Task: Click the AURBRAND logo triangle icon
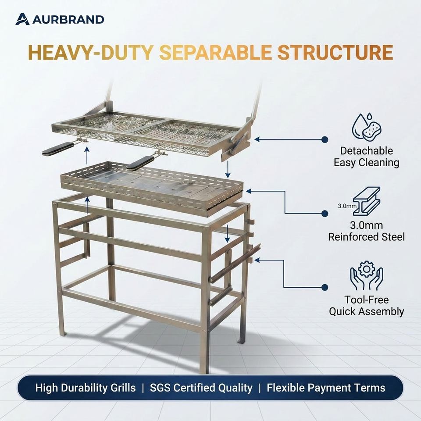coord(22,19)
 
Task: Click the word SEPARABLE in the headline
coord(215,52)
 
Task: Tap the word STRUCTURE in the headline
coord(335,52)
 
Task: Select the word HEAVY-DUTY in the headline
coord(90,52)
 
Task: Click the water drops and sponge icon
coord(367,128)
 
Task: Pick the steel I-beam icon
coord(366,201)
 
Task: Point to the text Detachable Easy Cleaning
coord(367,157)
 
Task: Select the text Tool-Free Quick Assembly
coord(367,306)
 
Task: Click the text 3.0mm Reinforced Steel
coord(367,231)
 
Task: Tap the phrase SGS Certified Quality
coord(201,388)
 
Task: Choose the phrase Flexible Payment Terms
coord(326,388)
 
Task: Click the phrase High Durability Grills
coord(86,388)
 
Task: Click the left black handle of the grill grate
coord(58,149)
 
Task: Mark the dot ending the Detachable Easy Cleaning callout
coord(325,139)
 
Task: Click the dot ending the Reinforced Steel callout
coord(325,214)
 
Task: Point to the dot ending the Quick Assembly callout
coord(325,287)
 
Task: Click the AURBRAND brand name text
coord(68,20)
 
